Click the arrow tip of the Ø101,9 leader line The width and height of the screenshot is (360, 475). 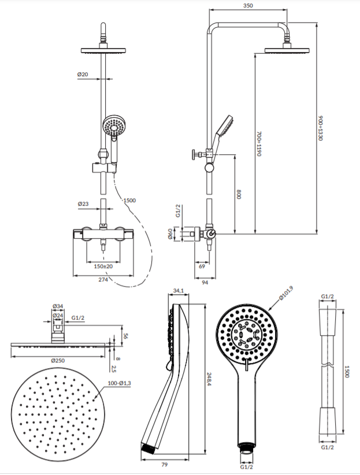pyautogui.click(x=268, y=311)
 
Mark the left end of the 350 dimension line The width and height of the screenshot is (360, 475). pyautogui.click(x=209, y=10)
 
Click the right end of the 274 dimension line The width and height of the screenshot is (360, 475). pyautogui.click(x=133, y=276)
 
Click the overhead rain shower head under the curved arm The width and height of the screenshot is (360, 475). pyautogui.click(x=287, y=50)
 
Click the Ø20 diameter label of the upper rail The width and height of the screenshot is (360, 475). pyautogui.click(x=83, y=74)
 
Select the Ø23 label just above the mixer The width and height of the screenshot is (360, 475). pyautogui.click(x=83, y=204)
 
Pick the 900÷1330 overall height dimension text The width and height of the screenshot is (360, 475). pyautogui.click(x=321, y=128)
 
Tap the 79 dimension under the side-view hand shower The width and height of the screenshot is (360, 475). pyautogui.click(x=164, y=465)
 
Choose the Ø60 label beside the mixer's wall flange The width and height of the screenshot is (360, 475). pyautogui.click(x=170, y=234)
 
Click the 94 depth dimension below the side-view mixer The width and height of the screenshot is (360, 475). pyautogui.click(x=205, y=283)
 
